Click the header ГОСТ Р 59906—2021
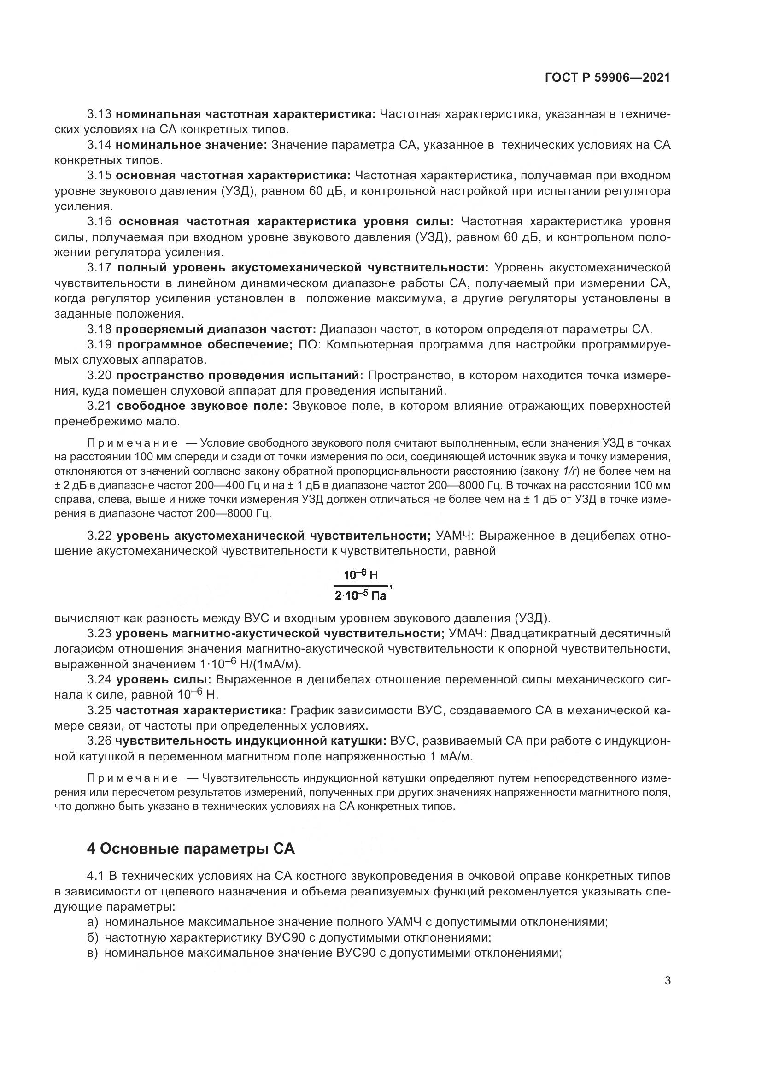(607, 77)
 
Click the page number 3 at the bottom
(667, 981)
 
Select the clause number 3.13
(99, 114)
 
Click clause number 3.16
(99, 222)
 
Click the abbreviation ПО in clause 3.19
(307, 345)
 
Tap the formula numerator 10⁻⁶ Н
(360, 575)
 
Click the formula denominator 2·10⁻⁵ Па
(360, 596)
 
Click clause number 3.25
(99, 710)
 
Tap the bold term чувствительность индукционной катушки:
(251, 741)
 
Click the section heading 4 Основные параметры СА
(191, 849)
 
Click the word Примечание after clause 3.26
(132, 778)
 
